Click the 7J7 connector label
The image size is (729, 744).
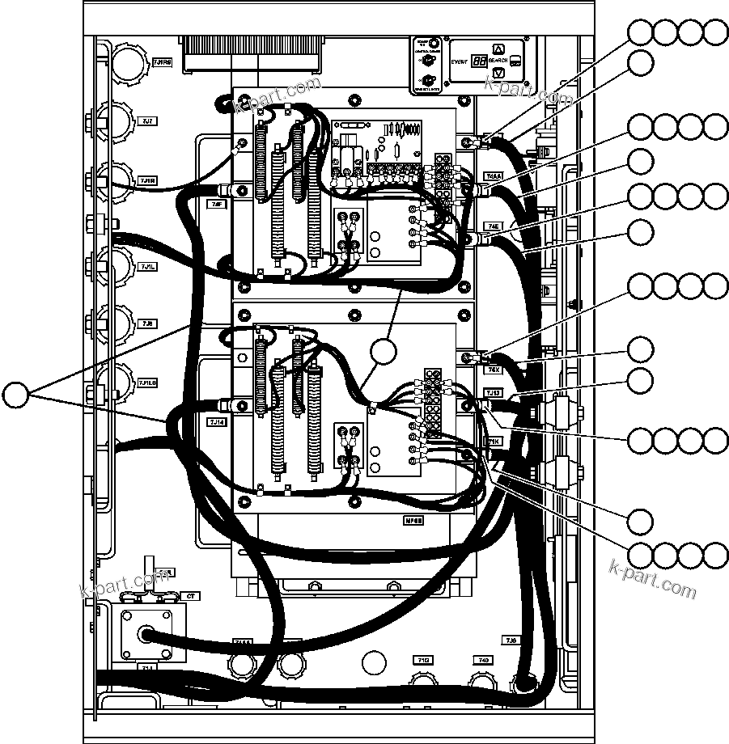pyautogui.click(x=147, y=122)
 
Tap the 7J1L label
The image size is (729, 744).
pyautogui.click(x=147, y=266)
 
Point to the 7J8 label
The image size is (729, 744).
pyautogui.click(x=147, y=323)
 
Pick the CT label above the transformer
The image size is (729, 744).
pyautogui.click(x=191, y=596)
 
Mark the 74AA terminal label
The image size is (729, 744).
pyautogui.click(x=494, y=175)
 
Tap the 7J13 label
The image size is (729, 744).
pyautogui.click(x=494, y=392)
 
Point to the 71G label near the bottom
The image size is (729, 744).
pyautogui.click(x=422, y=660)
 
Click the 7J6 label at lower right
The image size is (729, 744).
pyautogui.click(x=511, y=640)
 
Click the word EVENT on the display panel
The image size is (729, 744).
pyautogui.click(x=460, y=60)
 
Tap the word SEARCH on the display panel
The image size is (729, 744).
pyautogui.click(x=498, y=61)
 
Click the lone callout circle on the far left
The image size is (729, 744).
pyautogui.click(x=15, y=395)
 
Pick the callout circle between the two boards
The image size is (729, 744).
pyautogui.click(x=385, y=353)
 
